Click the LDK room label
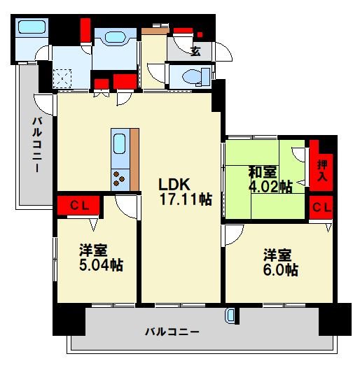point(174,184)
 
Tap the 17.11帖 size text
point(186,199)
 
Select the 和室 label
point(263,172)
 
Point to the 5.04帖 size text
point(101,265)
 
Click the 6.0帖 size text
point(280,270)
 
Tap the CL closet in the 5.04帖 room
point(80,206)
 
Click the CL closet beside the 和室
point(321,208)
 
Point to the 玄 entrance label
point(195,51)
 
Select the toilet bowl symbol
point(191,76)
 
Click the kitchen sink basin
point(119,143)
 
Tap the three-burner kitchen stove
point(119,179)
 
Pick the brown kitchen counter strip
point(134,160)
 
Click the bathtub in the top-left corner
point(32,27)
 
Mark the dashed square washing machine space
point(62,78)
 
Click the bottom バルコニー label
point(172,332)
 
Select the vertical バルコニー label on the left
point(37,145)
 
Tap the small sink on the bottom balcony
point(230,316)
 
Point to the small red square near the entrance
point(200,35)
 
